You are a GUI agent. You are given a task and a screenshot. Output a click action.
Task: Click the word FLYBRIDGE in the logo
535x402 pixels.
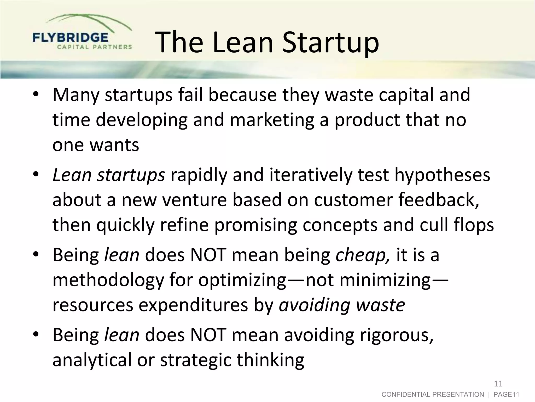70,38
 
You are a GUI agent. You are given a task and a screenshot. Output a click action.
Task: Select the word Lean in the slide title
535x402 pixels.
243,42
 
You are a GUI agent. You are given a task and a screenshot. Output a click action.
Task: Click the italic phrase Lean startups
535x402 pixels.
108,175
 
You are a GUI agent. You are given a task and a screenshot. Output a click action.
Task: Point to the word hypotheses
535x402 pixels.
442,175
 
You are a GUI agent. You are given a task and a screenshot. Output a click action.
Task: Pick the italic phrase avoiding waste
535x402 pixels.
342,305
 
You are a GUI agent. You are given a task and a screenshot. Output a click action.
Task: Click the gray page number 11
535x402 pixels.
498,384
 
